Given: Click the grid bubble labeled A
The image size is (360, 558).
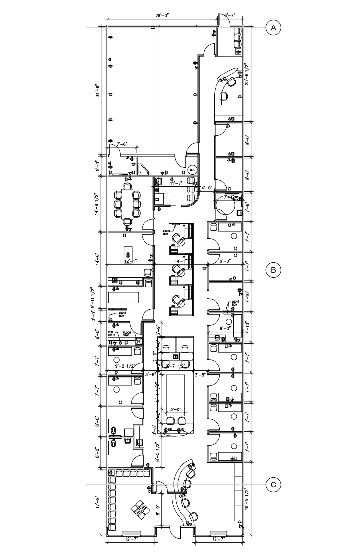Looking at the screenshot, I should pos(273,28).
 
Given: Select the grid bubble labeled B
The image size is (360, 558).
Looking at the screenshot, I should pos(273,270).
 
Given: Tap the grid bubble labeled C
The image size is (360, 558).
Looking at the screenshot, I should pos(273,484).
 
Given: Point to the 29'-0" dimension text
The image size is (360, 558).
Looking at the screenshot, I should pos(162,16).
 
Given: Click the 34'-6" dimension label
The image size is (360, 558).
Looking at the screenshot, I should pos(98,92).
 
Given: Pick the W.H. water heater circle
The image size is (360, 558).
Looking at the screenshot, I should pos(191,171).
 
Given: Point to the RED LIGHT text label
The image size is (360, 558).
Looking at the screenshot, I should pos(112,334).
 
